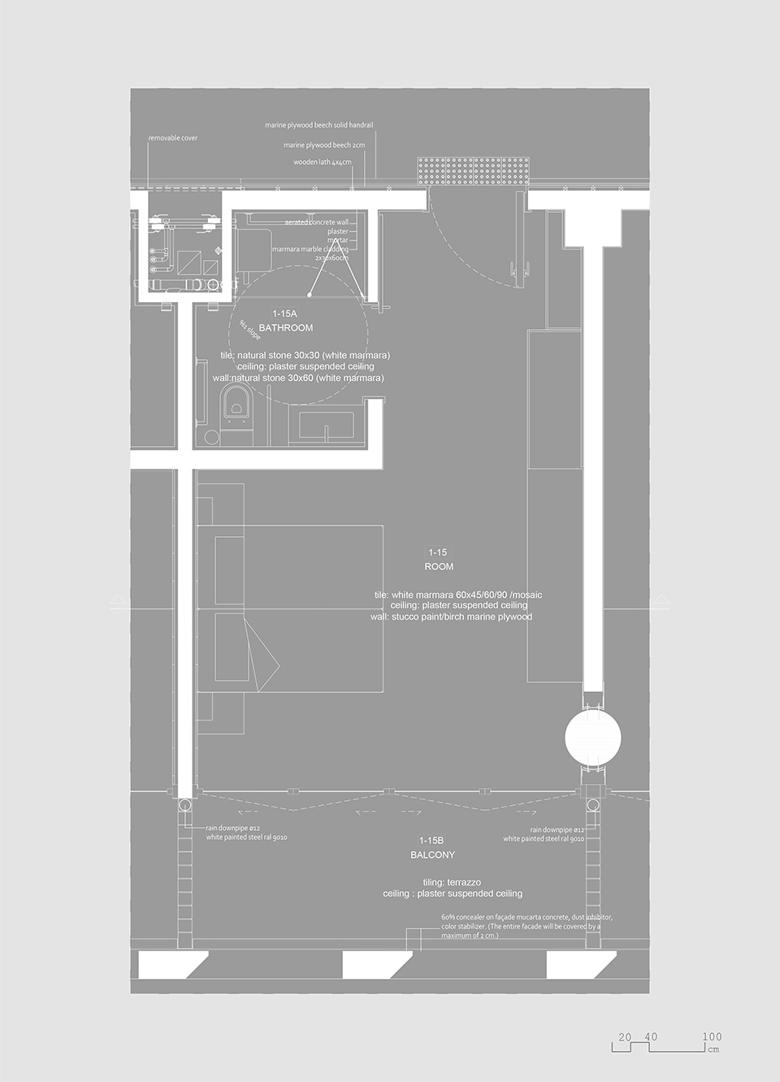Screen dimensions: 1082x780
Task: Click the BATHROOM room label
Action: (x=285, y=327)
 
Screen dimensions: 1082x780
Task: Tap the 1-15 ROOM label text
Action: (x=438, y=560)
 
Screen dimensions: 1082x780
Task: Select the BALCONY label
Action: (x=432, y=855)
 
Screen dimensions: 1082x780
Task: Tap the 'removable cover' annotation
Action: (x=172, y=138)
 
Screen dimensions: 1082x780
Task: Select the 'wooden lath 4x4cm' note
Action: (x=323, y=162)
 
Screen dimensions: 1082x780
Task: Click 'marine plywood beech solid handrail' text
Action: (x=318, y=125)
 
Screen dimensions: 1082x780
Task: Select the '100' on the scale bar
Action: (x=712, y=1037)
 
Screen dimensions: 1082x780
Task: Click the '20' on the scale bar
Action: (x=625, y=1037)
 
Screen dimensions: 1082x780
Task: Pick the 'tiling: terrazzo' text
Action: (x=452, y=882)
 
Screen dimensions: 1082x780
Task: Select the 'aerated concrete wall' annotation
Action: (x=317, y=222)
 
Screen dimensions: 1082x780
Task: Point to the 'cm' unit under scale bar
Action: (x=713, y=1050)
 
